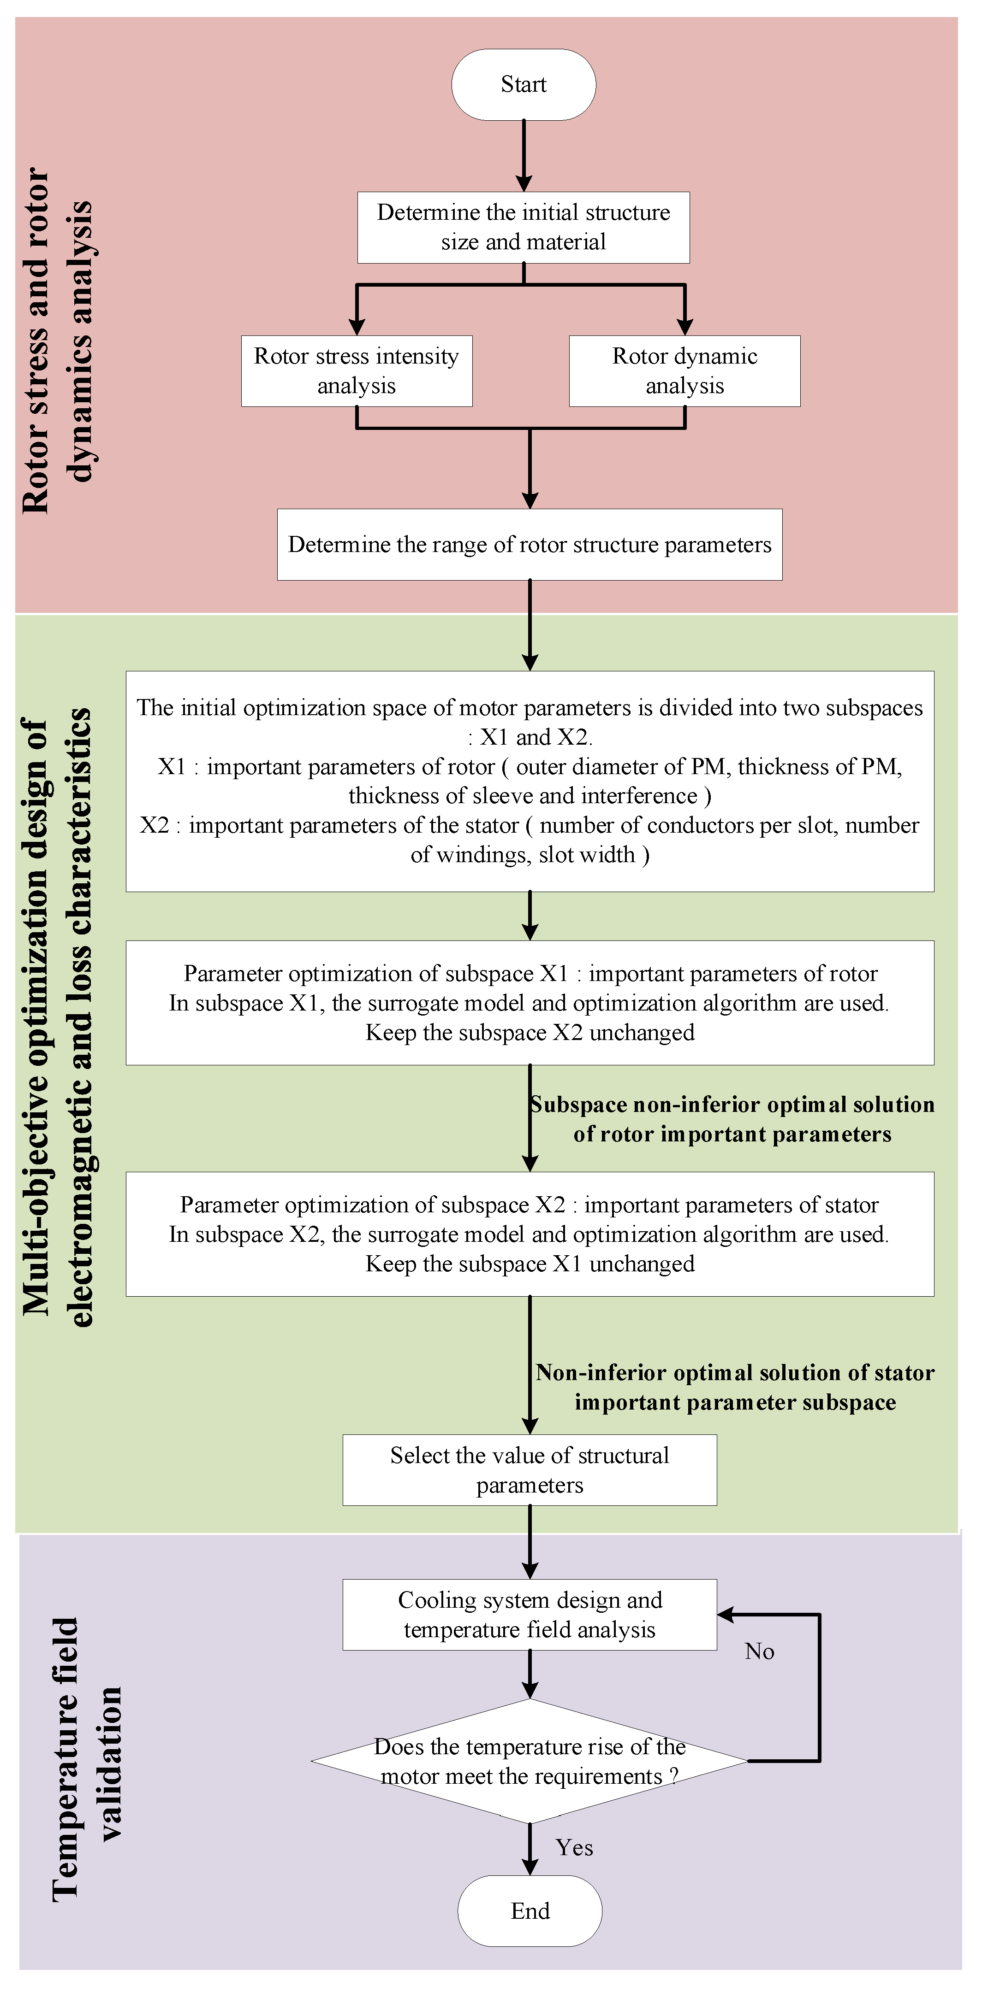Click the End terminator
click(x=530, y=1911)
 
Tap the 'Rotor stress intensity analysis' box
click(x=356, y=371)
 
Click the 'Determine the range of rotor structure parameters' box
click(x=530, y=544)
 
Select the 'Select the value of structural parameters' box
click(x=530, y=1470)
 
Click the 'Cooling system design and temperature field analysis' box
click(x=530, y=1615)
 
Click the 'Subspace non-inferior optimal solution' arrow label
click(x=732, y=1119)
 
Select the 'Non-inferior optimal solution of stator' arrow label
click(x=735, y=1387)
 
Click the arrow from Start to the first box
click(x=524, y=155)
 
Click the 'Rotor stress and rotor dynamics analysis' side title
click(x=58, y=340)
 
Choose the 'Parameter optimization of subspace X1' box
click(x=530, y=1003)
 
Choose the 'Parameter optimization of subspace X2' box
click(x=530, y=1234)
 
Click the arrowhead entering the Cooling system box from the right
click(x=726, y=1615)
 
